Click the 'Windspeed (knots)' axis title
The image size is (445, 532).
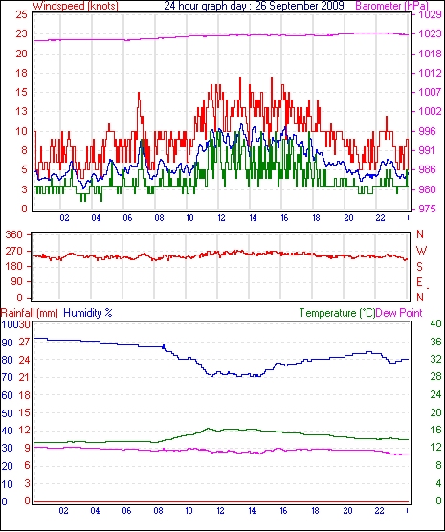pos(76,6)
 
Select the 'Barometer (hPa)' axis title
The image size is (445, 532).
pos(391,6)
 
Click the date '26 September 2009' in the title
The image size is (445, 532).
pos(299,6)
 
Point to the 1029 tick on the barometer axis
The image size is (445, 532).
pos(432,15)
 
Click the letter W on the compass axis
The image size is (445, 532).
pos(421,251)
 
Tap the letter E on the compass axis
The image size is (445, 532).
pos(419,282)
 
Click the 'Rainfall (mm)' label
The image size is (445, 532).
pos(30,313)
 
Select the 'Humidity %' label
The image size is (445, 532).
pos(88,313)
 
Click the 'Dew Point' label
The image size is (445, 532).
pos(399,313)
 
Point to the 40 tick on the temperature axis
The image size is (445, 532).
pos(435,323)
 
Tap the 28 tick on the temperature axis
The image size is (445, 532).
pos(435,377)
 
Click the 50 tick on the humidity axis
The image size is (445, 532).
pos(7,413)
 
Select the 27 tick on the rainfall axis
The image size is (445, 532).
pos(25,342)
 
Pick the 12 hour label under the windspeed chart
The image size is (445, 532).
pos(221,218)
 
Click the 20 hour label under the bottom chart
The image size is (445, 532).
pos(347,510)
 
